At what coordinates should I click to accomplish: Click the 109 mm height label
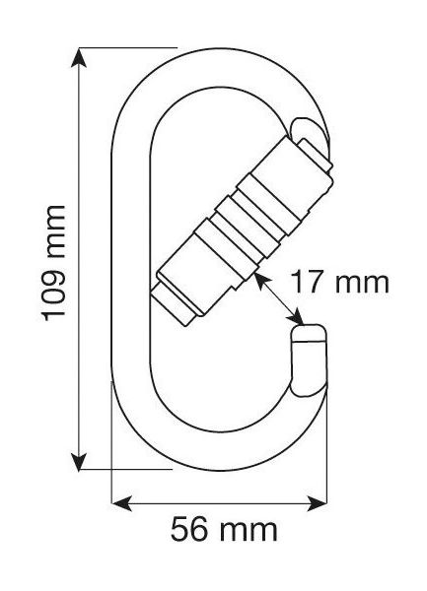pyautogui.click(x=54, y=263)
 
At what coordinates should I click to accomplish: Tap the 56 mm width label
pyautogui.click(x=224, y=530)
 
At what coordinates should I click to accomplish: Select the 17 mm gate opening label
pyautogui.click(x=339, y=283)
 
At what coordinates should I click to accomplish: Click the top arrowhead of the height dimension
pyautogui.click(x=79, y=57)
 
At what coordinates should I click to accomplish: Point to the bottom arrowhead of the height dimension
pyautogui.click(x=79, y=462)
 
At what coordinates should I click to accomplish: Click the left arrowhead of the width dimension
pyautogui.click(x=121, y=502)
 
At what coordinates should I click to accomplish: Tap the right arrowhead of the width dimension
pyautogui.click(x=318, y=502)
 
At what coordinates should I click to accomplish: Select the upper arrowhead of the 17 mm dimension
pyautogui.click(x=262, y=281)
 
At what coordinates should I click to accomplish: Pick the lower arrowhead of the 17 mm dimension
pyautogui.click(x=296, y=316)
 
